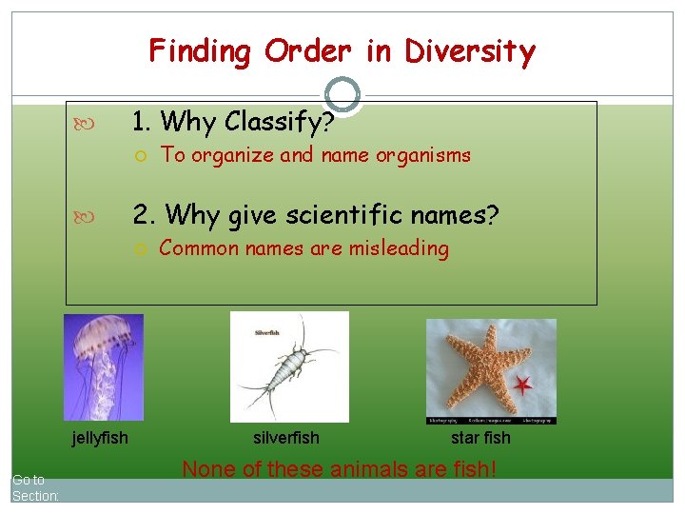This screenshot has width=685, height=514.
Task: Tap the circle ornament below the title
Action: (x=342, y=94)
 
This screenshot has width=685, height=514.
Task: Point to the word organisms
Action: (x=423, y=155)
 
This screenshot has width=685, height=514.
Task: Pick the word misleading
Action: (x=397, y=248)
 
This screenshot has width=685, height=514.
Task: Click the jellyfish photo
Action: (x=103, y=366)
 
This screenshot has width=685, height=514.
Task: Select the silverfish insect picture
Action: (x=289, y=366)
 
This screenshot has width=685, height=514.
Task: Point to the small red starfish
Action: (x=522, y=385)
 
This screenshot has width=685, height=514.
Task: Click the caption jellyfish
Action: (x=100, y=438)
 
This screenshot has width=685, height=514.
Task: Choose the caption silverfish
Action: (x=286, y=438)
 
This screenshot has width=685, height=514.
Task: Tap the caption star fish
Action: (x=480, y=438)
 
